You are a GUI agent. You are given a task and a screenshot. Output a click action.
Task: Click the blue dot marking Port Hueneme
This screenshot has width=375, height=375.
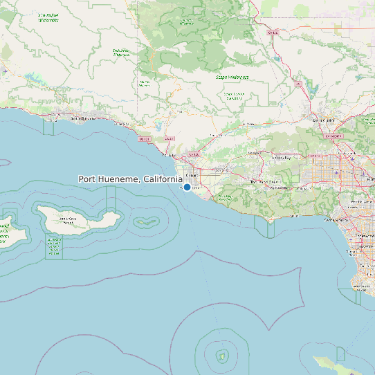tap(187, 187)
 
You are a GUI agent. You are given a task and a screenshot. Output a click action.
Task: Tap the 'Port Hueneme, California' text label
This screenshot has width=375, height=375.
tap(130, 179)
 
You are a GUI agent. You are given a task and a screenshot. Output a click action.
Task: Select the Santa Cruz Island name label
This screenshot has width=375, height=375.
tap(68, 220)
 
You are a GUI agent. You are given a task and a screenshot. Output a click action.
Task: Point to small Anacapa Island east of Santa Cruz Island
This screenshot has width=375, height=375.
tap(145, 223)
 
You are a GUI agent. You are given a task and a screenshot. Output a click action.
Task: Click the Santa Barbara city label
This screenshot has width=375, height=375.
tap(83, 118)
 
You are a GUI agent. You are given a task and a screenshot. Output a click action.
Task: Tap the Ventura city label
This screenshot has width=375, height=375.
tap(168, 155)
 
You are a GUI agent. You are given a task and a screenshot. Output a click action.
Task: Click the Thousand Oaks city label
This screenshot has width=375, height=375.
tap(262, 181)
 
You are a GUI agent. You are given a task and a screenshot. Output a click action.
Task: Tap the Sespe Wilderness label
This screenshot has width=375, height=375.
tap(232, 77)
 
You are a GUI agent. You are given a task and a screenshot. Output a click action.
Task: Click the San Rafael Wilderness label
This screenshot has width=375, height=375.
tap(48, 17)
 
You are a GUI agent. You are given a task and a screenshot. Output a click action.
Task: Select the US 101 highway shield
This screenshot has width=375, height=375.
tap(144, 139)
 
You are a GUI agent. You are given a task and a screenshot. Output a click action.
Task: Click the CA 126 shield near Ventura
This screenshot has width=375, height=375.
tap(193, 154)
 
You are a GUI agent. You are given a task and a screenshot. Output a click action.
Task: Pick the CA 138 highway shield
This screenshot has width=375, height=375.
tap(273, 33)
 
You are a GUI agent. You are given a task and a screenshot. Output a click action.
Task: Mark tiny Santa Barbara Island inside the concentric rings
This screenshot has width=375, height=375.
tap(221, 356)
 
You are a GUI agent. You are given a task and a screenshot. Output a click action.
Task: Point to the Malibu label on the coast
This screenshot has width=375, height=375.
tap(294, 217)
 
